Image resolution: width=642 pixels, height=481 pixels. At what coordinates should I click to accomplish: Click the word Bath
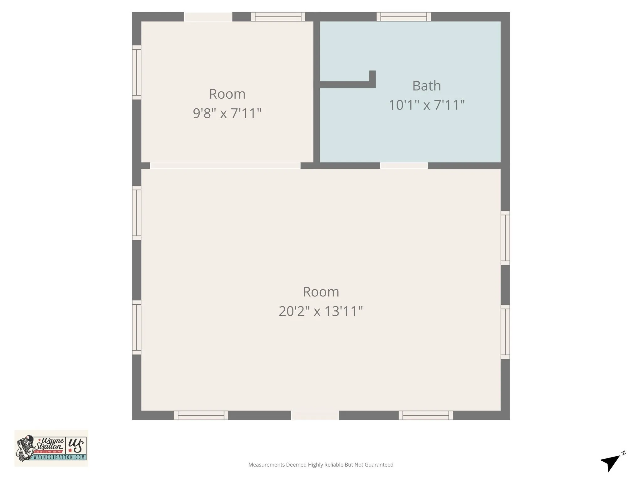click(426, 86)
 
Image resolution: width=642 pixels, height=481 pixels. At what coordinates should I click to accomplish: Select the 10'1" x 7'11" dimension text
click(426, 105)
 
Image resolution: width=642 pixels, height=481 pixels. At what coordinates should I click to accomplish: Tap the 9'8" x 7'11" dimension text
click(227, 113)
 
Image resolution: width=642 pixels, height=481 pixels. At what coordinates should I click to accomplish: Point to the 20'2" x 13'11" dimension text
click(321, 311)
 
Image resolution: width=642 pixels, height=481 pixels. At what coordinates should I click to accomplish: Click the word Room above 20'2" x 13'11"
click(321, 292)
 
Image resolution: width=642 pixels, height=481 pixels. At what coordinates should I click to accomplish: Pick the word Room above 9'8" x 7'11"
click(227, 94)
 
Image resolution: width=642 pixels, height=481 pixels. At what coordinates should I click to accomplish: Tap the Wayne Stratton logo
click(51, 448)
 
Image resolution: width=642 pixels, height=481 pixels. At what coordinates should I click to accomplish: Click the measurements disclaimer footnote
click(321, 465)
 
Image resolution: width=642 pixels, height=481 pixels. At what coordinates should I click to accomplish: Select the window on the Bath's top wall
click(403, 17)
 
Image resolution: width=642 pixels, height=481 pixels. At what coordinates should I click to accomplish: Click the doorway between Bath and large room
click(404, 166)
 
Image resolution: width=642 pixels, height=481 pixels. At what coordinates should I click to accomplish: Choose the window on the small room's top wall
click(278, 17)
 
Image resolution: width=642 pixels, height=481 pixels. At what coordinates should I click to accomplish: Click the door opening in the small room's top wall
click(208, 17)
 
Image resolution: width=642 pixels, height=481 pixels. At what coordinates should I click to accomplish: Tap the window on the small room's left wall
click(136, 72)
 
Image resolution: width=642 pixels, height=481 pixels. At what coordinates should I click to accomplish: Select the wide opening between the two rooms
click(225, 166)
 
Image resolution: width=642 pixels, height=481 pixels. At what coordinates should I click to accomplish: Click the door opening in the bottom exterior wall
click(315, 416)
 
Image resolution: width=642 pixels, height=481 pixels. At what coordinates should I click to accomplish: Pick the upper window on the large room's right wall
click(505, 238)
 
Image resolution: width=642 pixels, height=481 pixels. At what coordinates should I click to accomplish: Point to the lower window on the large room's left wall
click(136, 328)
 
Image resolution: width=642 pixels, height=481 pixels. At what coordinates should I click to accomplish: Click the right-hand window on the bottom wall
click(426, 416)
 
